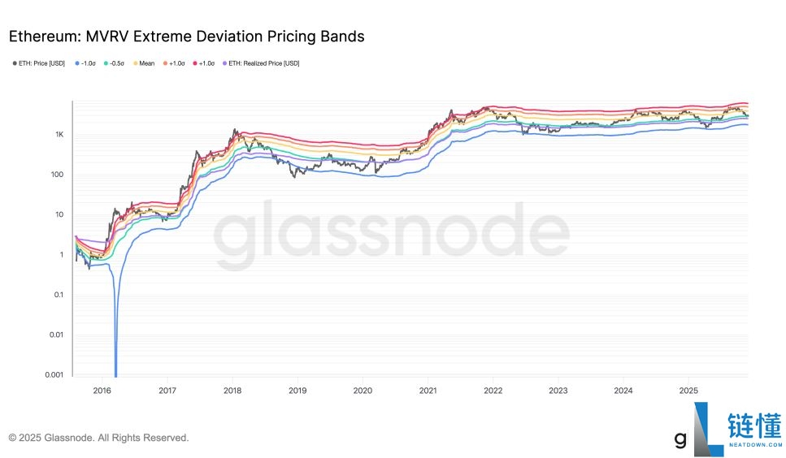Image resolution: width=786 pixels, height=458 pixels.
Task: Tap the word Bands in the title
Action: point(342,37)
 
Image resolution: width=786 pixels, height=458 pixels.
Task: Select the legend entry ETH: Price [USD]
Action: point(41,63)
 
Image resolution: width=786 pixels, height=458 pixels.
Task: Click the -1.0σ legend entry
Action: point(87,63)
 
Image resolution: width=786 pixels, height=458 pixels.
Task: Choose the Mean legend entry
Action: point(145,63)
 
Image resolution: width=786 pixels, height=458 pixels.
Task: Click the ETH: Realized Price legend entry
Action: point(261,63)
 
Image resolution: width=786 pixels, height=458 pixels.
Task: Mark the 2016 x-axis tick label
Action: point(102,391)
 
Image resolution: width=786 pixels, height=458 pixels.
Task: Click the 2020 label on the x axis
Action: point(363,391)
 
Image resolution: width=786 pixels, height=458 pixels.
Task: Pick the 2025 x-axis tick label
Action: point(688,391)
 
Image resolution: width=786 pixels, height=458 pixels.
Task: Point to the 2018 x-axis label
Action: point(232,391)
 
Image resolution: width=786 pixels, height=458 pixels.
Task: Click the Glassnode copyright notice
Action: point(98,438)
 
